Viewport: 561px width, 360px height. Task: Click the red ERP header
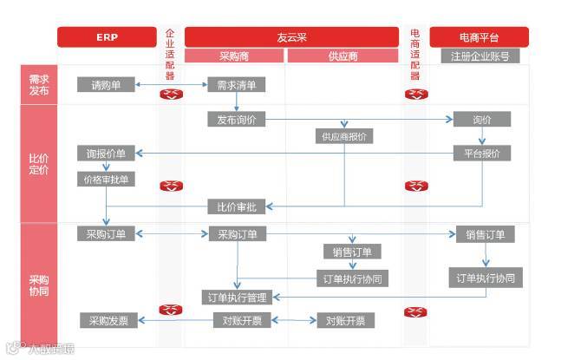click(x=107, y=37)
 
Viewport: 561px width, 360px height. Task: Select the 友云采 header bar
click(x=292, y=37)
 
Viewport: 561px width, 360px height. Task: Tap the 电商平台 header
click(x=479, y=37)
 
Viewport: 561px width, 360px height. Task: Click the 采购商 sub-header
click(x=234, y=56)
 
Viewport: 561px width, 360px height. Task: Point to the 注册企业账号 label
click(x=479, y=56)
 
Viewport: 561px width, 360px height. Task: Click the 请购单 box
click(x=107, y=85)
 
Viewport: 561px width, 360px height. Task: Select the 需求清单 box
click(x=236, y=85)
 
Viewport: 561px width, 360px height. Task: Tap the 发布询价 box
click(x=236, y=119)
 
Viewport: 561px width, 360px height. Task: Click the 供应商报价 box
click(x=344, y=136)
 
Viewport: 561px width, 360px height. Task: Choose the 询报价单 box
click(x=106, y=154)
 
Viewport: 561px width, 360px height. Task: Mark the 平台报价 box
click(x=482, y=154)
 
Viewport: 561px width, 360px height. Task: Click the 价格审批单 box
click(x=106, y=180)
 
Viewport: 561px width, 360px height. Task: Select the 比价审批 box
click(x=236, y=206)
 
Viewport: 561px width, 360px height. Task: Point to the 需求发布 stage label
click(x=39, y=84)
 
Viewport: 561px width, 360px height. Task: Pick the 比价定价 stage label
click(x=39, y=164)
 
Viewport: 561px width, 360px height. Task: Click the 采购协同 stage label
click(x=39, y=285)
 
